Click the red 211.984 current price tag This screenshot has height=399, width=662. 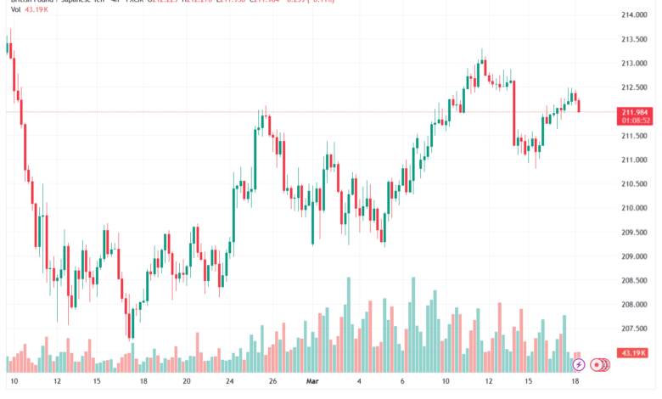(x=636, y=111)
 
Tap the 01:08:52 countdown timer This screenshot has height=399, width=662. (x=636, y=121)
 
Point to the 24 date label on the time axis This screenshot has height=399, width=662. (x=231, y=382)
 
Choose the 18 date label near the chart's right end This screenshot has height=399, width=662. (x=577, y=382)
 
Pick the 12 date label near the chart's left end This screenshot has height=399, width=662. (x=55, y=382)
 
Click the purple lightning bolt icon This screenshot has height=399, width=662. (x=579, y=365)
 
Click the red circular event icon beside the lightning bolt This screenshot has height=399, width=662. (x=597, y=365)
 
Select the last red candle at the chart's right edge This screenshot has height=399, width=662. (x=580, y=105)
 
